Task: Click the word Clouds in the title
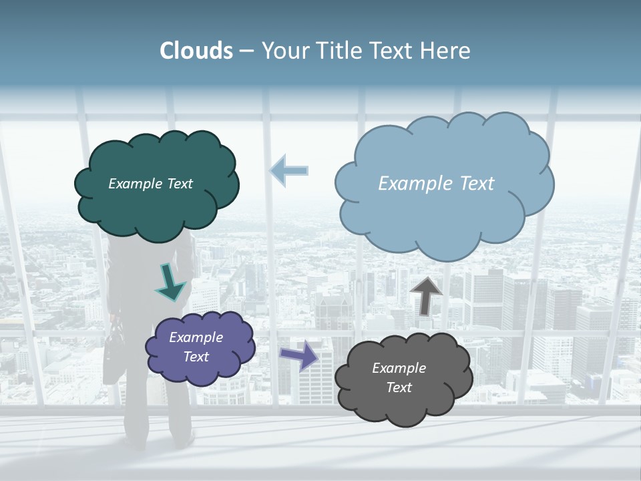coord(196,51)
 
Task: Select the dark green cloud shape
coord(157,207)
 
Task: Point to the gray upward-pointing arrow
coord(425,295)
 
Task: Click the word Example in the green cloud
coord(134,184)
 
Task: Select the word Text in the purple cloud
coord(196,357)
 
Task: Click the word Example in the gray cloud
coord(399,368)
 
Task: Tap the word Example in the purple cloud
coord(196,337)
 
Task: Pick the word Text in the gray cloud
coord(399,387)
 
